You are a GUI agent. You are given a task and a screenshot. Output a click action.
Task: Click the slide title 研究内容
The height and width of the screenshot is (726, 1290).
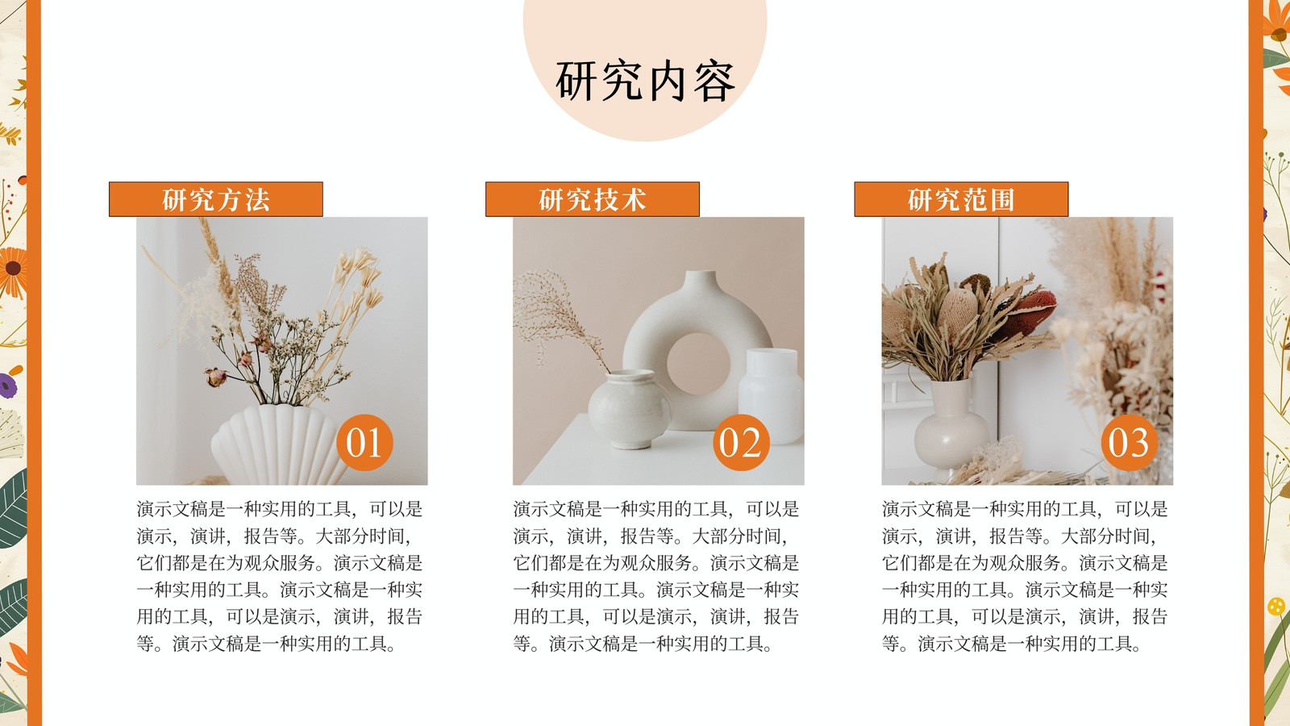(645, 81)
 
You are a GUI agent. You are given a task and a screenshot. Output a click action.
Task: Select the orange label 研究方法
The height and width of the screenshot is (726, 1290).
(216, 199)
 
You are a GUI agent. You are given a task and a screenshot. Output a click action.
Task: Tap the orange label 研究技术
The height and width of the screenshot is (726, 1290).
(593, 199)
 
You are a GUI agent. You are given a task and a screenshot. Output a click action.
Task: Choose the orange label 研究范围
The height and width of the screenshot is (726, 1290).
(961, 199)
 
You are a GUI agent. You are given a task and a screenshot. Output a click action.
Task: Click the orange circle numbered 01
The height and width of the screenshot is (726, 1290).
(364, 443)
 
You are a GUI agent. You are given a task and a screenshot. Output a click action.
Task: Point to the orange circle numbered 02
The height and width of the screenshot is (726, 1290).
(741, 443)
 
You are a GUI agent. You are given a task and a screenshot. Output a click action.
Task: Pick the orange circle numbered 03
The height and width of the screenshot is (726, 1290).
(1130, 443)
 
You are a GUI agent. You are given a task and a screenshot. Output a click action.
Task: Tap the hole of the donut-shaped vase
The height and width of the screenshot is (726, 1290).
(698, 364)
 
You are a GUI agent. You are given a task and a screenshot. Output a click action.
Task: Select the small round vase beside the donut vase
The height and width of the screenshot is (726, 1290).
(630, 409)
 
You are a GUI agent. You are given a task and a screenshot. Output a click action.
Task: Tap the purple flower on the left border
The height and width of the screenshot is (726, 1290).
(8, 386)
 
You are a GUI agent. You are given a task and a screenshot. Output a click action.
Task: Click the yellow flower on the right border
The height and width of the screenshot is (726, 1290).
(1276, 606)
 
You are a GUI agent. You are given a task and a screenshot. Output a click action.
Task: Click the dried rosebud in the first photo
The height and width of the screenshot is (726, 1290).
(215, 378)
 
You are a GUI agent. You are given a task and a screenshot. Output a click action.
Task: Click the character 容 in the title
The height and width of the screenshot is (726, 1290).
(714, 81)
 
